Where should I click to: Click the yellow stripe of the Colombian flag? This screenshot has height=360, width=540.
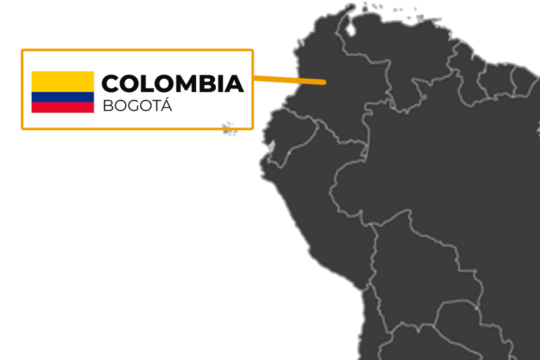[62, 82]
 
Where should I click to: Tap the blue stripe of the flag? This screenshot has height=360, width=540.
[62, 97]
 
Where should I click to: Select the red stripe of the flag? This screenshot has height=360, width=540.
[62, 108]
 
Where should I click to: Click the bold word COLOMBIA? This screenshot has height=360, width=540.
[172, 84]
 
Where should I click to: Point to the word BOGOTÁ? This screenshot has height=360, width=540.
[136, 107]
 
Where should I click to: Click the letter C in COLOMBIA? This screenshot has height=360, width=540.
[111, 84]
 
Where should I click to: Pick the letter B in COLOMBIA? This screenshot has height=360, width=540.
[210, 84]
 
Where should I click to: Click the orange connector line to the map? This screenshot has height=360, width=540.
[288, 79]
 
